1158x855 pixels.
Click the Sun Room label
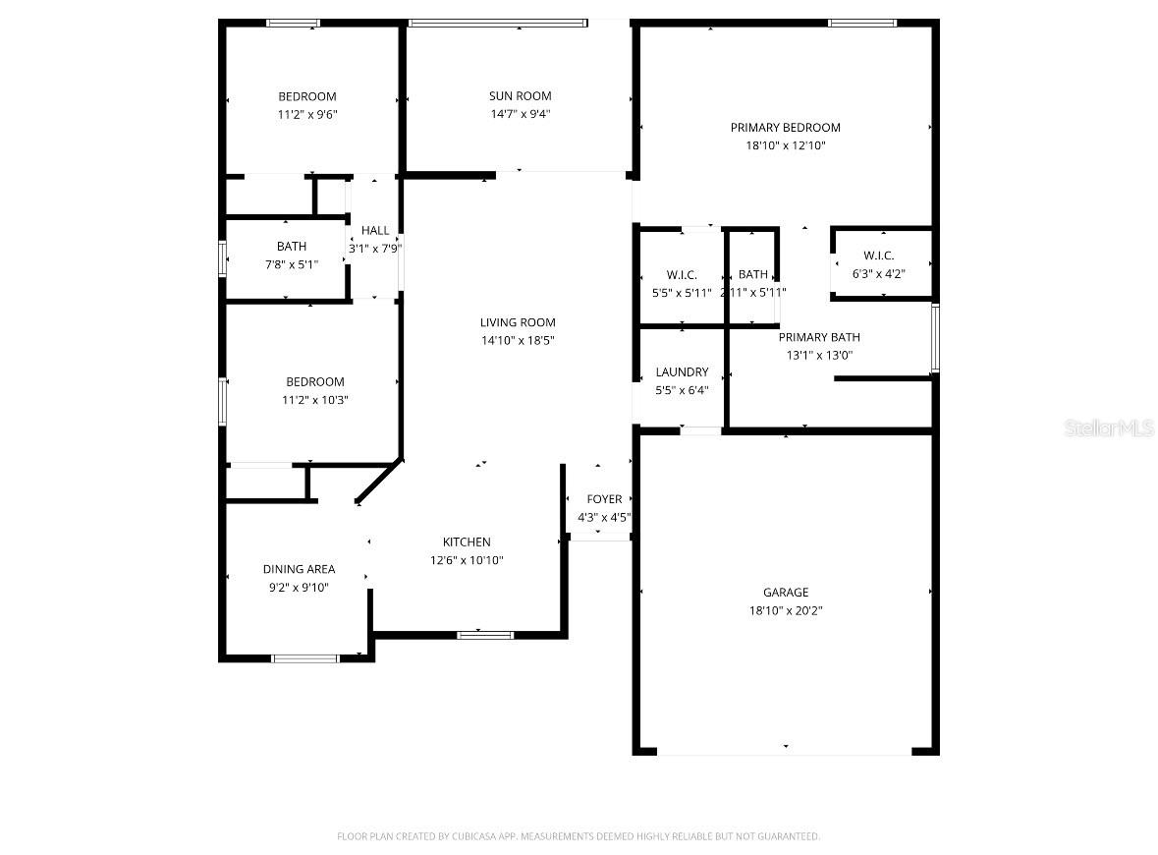520,96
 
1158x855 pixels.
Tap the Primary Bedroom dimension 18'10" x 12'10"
785,145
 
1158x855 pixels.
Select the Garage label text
786,593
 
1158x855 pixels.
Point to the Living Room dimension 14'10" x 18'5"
517,340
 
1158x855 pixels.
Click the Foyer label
604,499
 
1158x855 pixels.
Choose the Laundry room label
682,372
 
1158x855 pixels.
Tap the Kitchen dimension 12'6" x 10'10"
467,560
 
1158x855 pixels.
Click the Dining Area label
299,569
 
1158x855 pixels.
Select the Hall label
374,230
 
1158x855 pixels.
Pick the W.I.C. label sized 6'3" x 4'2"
878,256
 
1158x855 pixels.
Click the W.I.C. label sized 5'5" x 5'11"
682,275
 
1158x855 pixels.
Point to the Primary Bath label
818,337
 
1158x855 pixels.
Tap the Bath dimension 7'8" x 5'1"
291,264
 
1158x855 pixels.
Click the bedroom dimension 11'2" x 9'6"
307,114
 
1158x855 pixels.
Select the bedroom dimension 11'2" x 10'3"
315,400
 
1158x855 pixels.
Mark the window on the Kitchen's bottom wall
485,635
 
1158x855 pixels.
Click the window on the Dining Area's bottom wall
304,658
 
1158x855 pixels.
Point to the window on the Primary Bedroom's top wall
861,23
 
